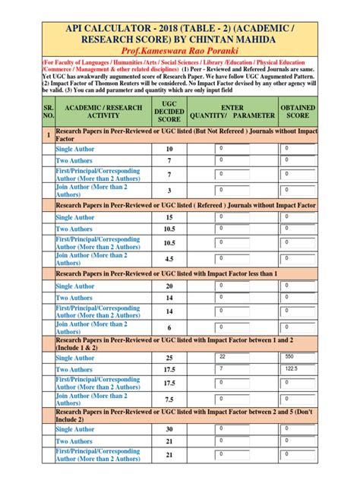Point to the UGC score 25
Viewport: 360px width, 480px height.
coord(169,358)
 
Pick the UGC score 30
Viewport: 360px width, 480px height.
coord(169,429)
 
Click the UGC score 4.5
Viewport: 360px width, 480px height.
coord(169,259)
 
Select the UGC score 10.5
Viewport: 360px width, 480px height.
coord(169,229)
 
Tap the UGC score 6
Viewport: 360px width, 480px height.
coord(169,327)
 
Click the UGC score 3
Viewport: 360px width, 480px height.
coord(169,190)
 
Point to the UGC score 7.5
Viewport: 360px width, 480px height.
coord(169,399)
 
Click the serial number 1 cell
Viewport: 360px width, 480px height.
coord(49,136)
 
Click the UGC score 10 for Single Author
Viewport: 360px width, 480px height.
coord(169,149)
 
